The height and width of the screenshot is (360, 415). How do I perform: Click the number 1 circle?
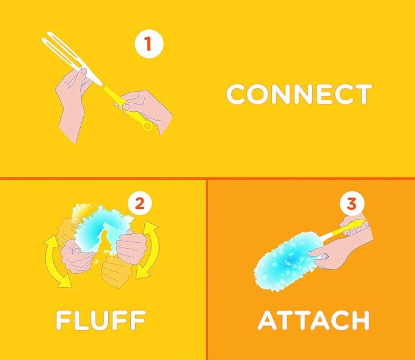(x=149, y=44)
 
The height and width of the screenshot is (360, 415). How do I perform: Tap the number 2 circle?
(x=140, y=204)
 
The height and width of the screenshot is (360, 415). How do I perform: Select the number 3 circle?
(x=352, y=204)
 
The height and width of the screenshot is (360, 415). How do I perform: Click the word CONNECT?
(x=299, y=94)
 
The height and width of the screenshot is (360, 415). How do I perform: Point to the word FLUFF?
(x=101, y=320)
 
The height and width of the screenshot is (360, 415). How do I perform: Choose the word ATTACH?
(x=314, y=320)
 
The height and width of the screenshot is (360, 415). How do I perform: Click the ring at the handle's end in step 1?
(x=147, y=126)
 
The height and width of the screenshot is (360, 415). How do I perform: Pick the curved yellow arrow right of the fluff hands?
(x=150, y=250)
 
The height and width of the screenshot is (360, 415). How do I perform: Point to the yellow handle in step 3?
(x=344, y=230)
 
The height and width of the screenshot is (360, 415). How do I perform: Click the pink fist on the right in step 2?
(x=131, y=248)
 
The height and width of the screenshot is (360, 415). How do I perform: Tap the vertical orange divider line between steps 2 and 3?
(x=207, y=270)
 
